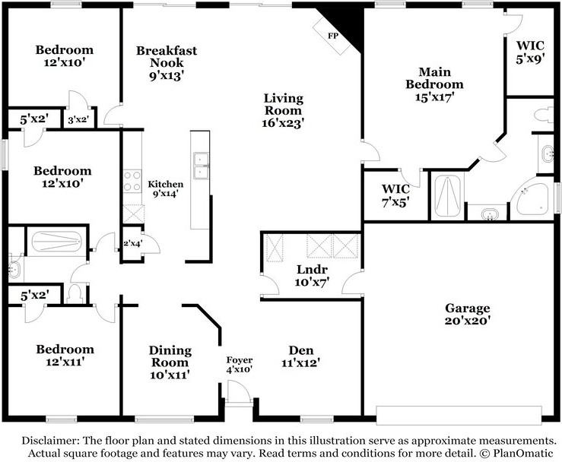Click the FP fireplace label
(x=333, y=36)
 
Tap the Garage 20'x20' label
(x=468, y=315)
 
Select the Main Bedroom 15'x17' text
(x=434, y=84)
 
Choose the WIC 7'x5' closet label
(x=395, y=194)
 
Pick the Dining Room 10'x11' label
(x=168, y=362)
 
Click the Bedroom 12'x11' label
(x=65, y=356)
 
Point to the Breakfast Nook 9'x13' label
(x=167, y=62)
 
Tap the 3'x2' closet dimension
(x=79, y=119)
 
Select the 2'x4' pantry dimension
(x=132, y=244)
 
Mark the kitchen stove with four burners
(x=132, y=182)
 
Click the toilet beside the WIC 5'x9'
(x=543, y=115)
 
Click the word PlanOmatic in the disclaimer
(x=519, y=453)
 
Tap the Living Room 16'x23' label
(x=284, y=110)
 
